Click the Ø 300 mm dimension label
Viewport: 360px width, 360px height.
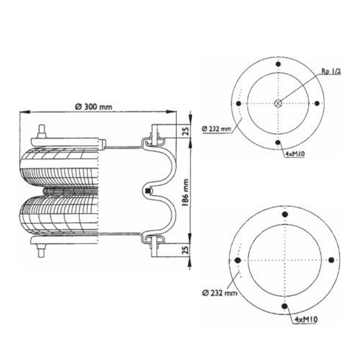click(94, 106)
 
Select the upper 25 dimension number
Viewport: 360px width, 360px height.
click(186, 131)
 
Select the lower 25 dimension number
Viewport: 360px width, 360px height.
click(186, 250)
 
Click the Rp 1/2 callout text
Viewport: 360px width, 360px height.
click(331, 71)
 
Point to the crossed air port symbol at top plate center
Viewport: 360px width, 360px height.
click(278, 103)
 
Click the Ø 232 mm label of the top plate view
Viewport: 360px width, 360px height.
click(217, 129)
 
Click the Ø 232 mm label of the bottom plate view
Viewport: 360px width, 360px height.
click(219, 293)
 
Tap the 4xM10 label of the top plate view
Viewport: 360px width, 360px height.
click(295, 154)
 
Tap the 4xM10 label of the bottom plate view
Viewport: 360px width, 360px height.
click(306, 319)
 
